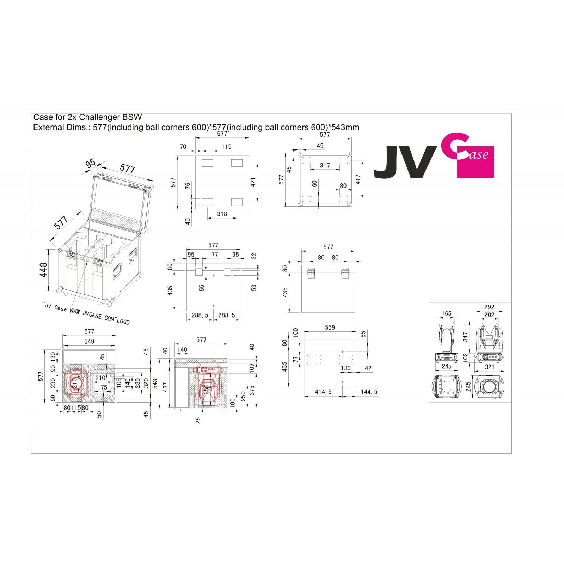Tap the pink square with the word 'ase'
point(476,162)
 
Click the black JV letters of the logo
point(403,163)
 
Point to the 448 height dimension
point(43,270)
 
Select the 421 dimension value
point(253,182)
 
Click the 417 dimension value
point(358,180)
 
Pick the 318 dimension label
point(222,214)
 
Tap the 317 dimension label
point(325,165)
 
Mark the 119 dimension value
point(226,147)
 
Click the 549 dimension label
point(89,341)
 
